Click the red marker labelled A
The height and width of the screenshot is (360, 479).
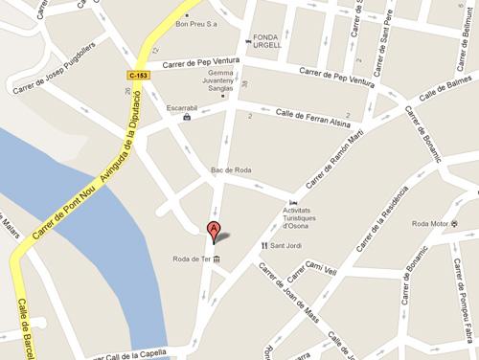215,229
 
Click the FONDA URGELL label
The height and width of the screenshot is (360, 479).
264,42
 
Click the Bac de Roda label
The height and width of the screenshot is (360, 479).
230,171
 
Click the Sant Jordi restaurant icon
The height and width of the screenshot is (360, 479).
264,245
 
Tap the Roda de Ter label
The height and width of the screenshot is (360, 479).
191,260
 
